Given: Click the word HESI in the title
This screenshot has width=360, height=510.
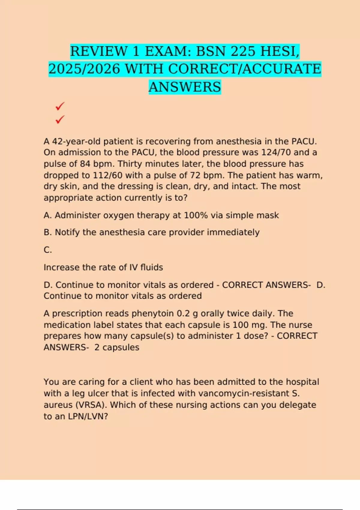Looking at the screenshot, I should pos(280,51).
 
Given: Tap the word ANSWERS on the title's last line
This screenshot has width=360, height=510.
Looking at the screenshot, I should pos(185,87).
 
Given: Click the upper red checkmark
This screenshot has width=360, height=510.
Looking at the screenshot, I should pos(60,106).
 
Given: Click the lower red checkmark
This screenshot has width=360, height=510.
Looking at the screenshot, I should pos(60,119).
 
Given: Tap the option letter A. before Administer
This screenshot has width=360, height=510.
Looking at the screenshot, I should pos(47,215).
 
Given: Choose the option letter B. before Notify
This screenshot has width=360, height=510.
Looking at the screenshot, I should pos(48,232).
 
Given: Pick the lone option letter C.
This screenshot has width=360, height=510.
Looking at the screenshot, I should pos(48,250).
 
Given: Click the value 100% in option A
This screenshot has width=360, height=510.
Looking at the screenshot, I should pos(196,215).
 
